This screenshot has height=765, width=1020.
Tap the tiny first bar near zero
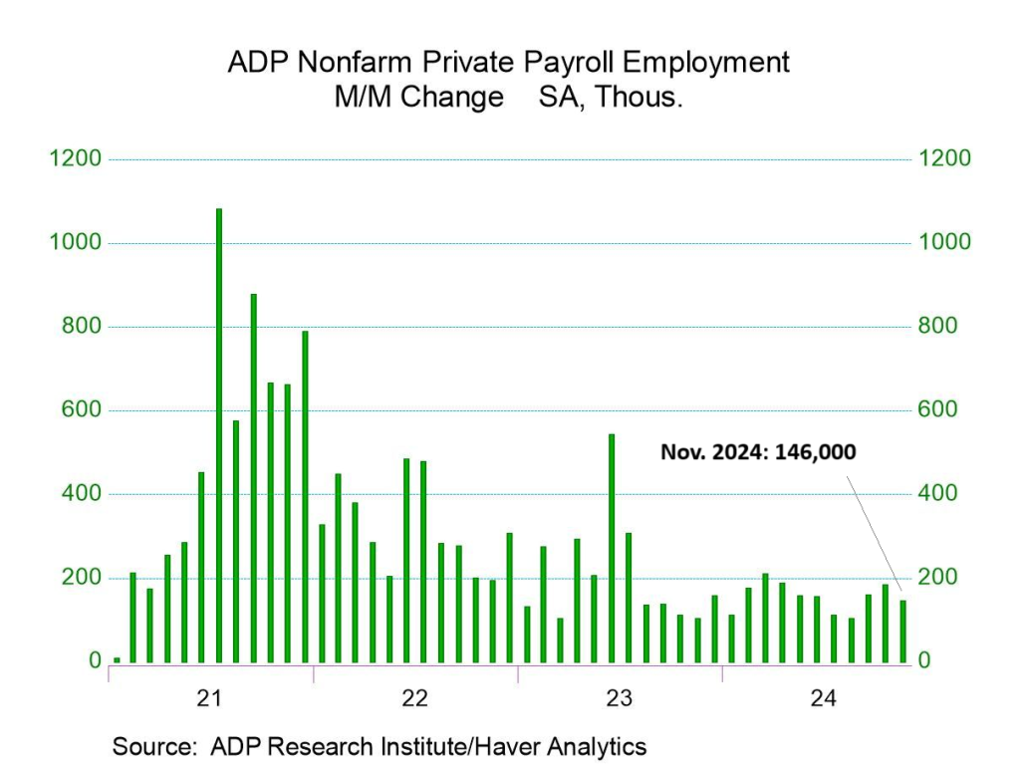(x=117, y=659)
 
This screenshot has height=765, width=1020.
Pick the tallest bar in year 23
(x=612, y=548)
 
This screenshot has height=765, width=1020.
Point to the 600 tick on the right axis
(x=936, y=410)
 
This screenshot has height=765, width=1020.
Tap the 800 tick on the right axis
(x=936, y=327)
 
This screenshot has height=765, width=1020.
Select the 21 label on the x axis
(x=209, y=698)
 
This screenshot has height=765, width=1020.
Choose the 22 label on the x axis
(x=414, y=698)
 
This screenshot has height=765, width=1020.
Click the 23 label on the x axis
(x=620, y=698)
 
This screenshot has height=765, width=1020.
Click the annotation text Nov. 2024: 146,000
(x=758, y=452)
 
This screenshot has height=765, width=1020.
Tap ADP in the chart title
(x=255, y=62)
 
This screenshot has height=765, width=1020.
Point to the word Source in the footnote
(x=150, y=746)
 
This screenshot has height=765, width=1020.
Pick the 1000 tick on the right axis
(x=943, y=243)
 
